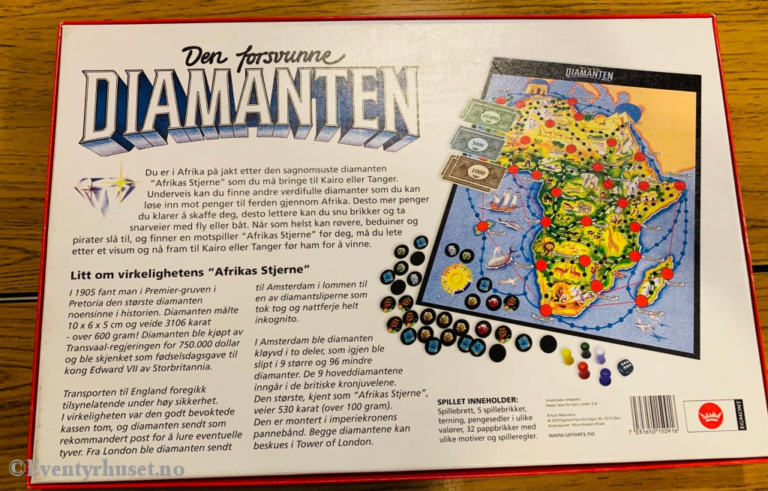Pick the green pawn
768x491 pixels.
(x=586, y=349)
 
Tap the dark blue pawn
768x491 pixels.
(x=604, y=375)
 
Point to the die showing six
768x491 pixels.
(x=624, y=367)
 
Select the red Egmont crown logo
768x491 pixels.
(x=708, y=415)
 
